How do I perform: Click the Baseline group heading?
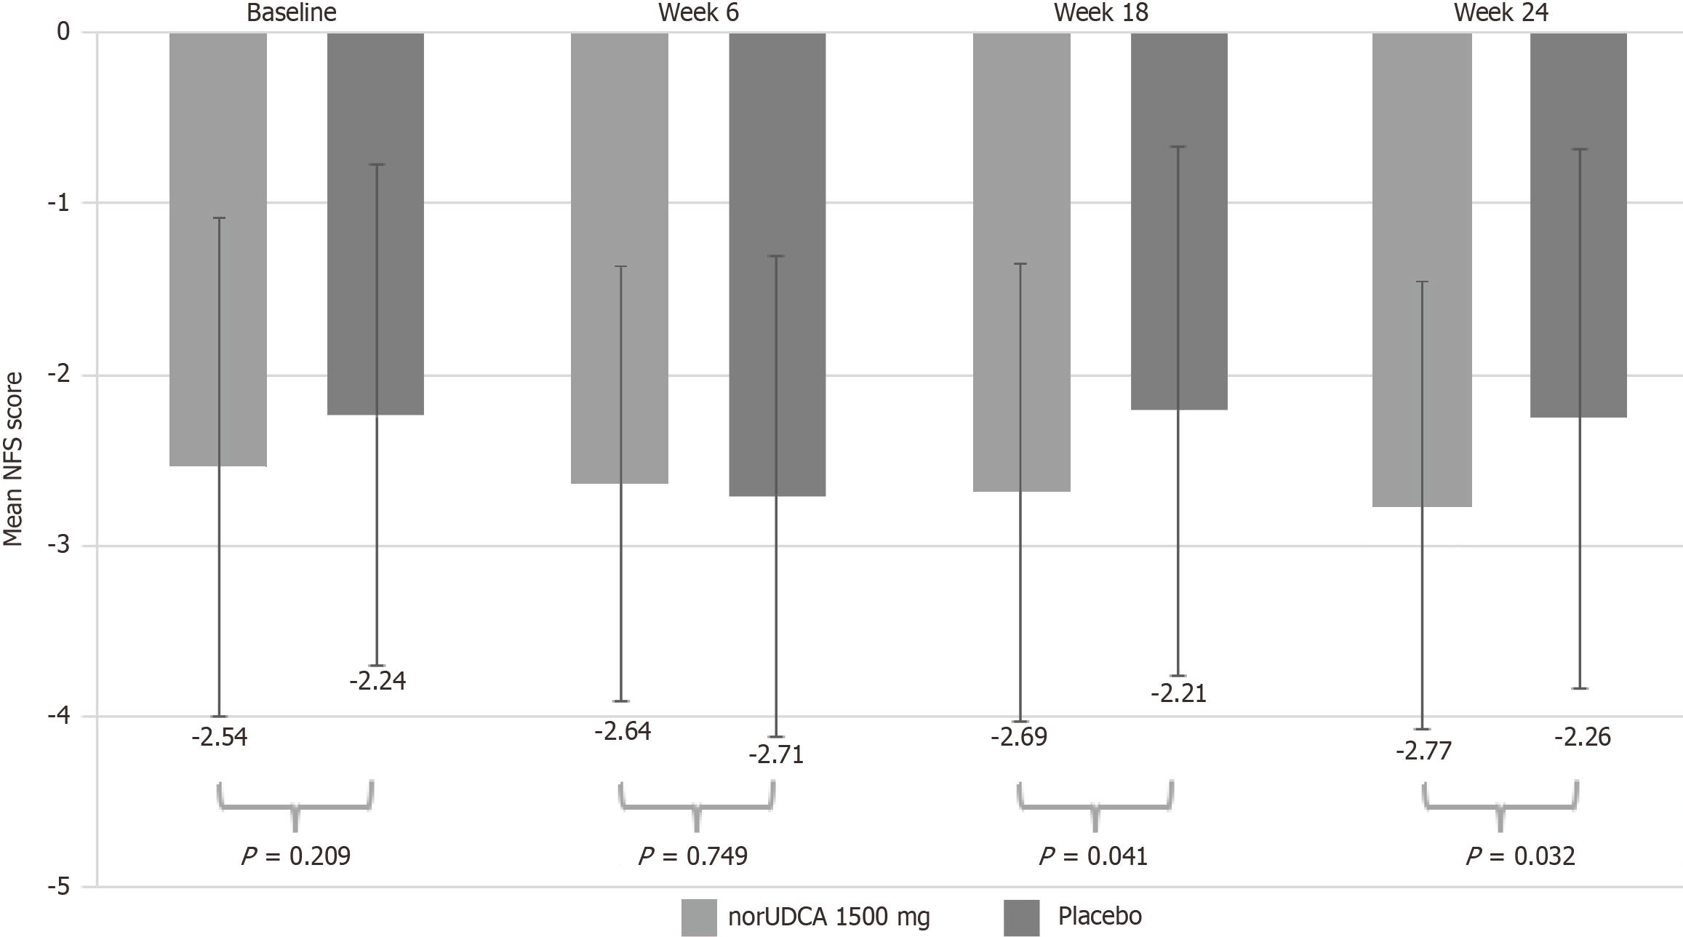[292, 13]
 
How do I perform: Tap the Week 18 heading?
[1100, 13]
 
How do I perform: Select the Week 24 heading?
[1501, 13]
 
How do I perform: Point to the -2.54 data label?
[220, 738]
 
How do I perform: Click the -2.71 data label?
[776, 755]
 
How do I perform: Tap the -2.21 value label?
[1178, 694]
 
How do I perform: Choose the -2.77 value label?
[1423, 750]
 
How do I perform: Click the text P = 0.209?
[295, 856]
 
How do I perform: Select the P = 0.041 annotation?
[1093, 856]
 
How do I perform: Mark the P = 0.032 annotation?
[1520, 856]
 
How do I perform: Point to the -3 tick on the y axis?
[57, 546]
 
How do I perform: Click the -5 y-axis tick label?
[57, 887]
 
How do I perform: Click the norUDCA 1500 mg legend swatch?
[699, 917]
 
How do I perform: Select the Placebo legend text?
[1100, 915]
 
